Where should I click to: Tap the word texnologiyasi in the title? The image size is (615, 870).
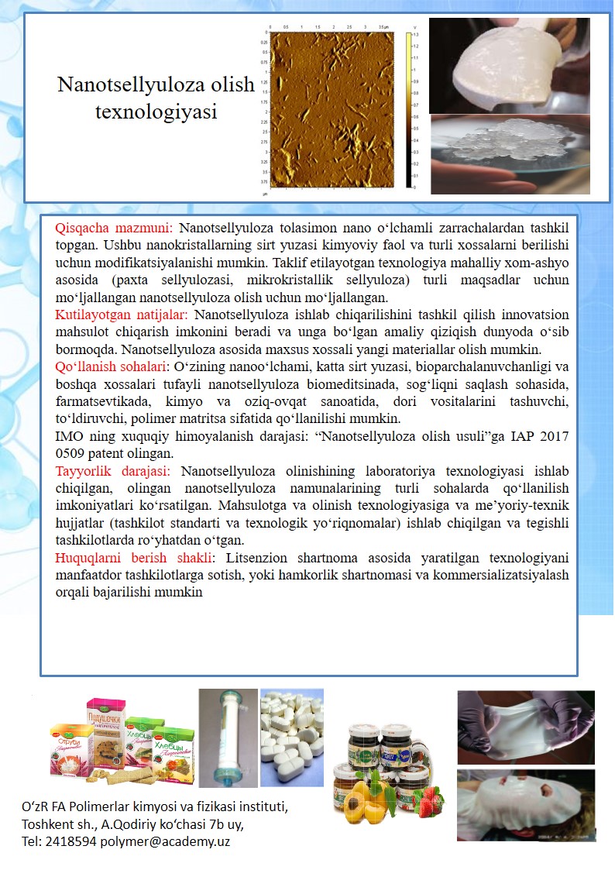click(156, 112)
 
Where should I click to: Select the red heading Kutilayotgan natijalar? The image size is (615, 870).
click(122, 315)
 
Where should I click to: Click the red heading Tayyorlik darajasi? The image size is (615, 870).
click(116, 471)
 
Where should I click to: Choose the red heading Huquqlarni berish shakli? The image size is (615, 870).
click(134, 558)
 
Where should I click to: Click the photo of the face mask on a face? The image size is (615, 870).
click(526, 805)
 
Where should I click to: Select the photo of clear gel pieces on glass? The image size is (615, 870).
click(510, 153)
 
